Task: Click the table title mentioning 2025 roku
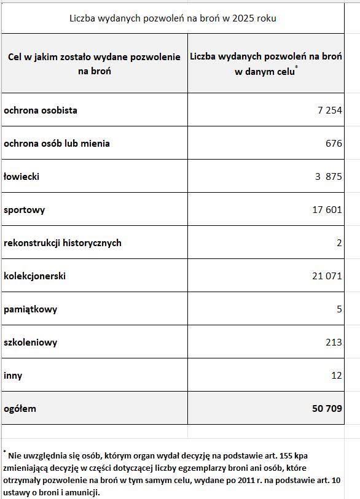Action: (173, 18)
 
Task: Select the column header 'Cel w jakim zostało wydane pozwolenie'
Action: (94, 64)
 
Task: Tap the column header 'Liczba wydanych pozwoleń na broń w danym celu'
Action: (266, 64)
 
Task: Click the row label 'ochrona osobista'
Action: (41, 110)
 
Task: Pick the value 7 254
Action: (327, 110)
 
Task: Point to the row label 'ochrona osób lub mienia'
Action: (57, 144)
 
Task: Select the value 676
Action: (334, 144)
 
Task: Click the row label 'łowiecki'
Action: (22, 177)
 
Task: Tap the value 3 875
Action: (328, 177)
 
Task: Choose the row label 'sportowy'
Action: (24, 210)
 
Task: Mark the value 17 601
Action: (327, 210)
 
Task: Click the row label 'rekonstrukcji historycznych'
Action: (63, 243)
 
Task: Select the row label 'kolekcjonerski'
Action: (34, 276)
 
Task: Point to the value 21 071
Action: (327, 276)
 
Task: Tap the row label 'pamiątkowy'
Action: (30, 309)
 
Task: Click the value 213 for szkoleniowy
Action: (334, 342)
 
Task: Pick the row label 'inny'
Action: (12, 375)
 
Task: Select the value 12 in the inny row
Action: (336, 375)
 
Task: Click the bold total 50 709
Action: (326, 408)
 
